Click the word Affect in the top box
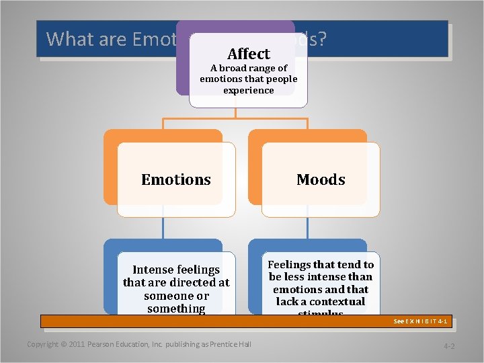pyautogui.click(x=248, y=54)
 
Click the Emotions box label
pyautogui.click(x=176, y=179)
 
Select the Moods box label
pyautogui.click(x=321, y=179)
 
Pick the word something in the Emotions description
pyautogui.click(x=176, y=309)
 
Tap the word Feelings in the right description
pyautogui.click(x=290, y=264)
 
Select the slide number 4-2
pyautogui.click(x=449, y=346)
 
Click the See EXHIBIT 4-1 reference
pyautogui.click(x=420, y=321)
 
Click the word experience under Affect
pyautogui.click(x=248, y=90)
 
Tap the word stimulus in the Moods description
pyautogui.click(x=320, y=313)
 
